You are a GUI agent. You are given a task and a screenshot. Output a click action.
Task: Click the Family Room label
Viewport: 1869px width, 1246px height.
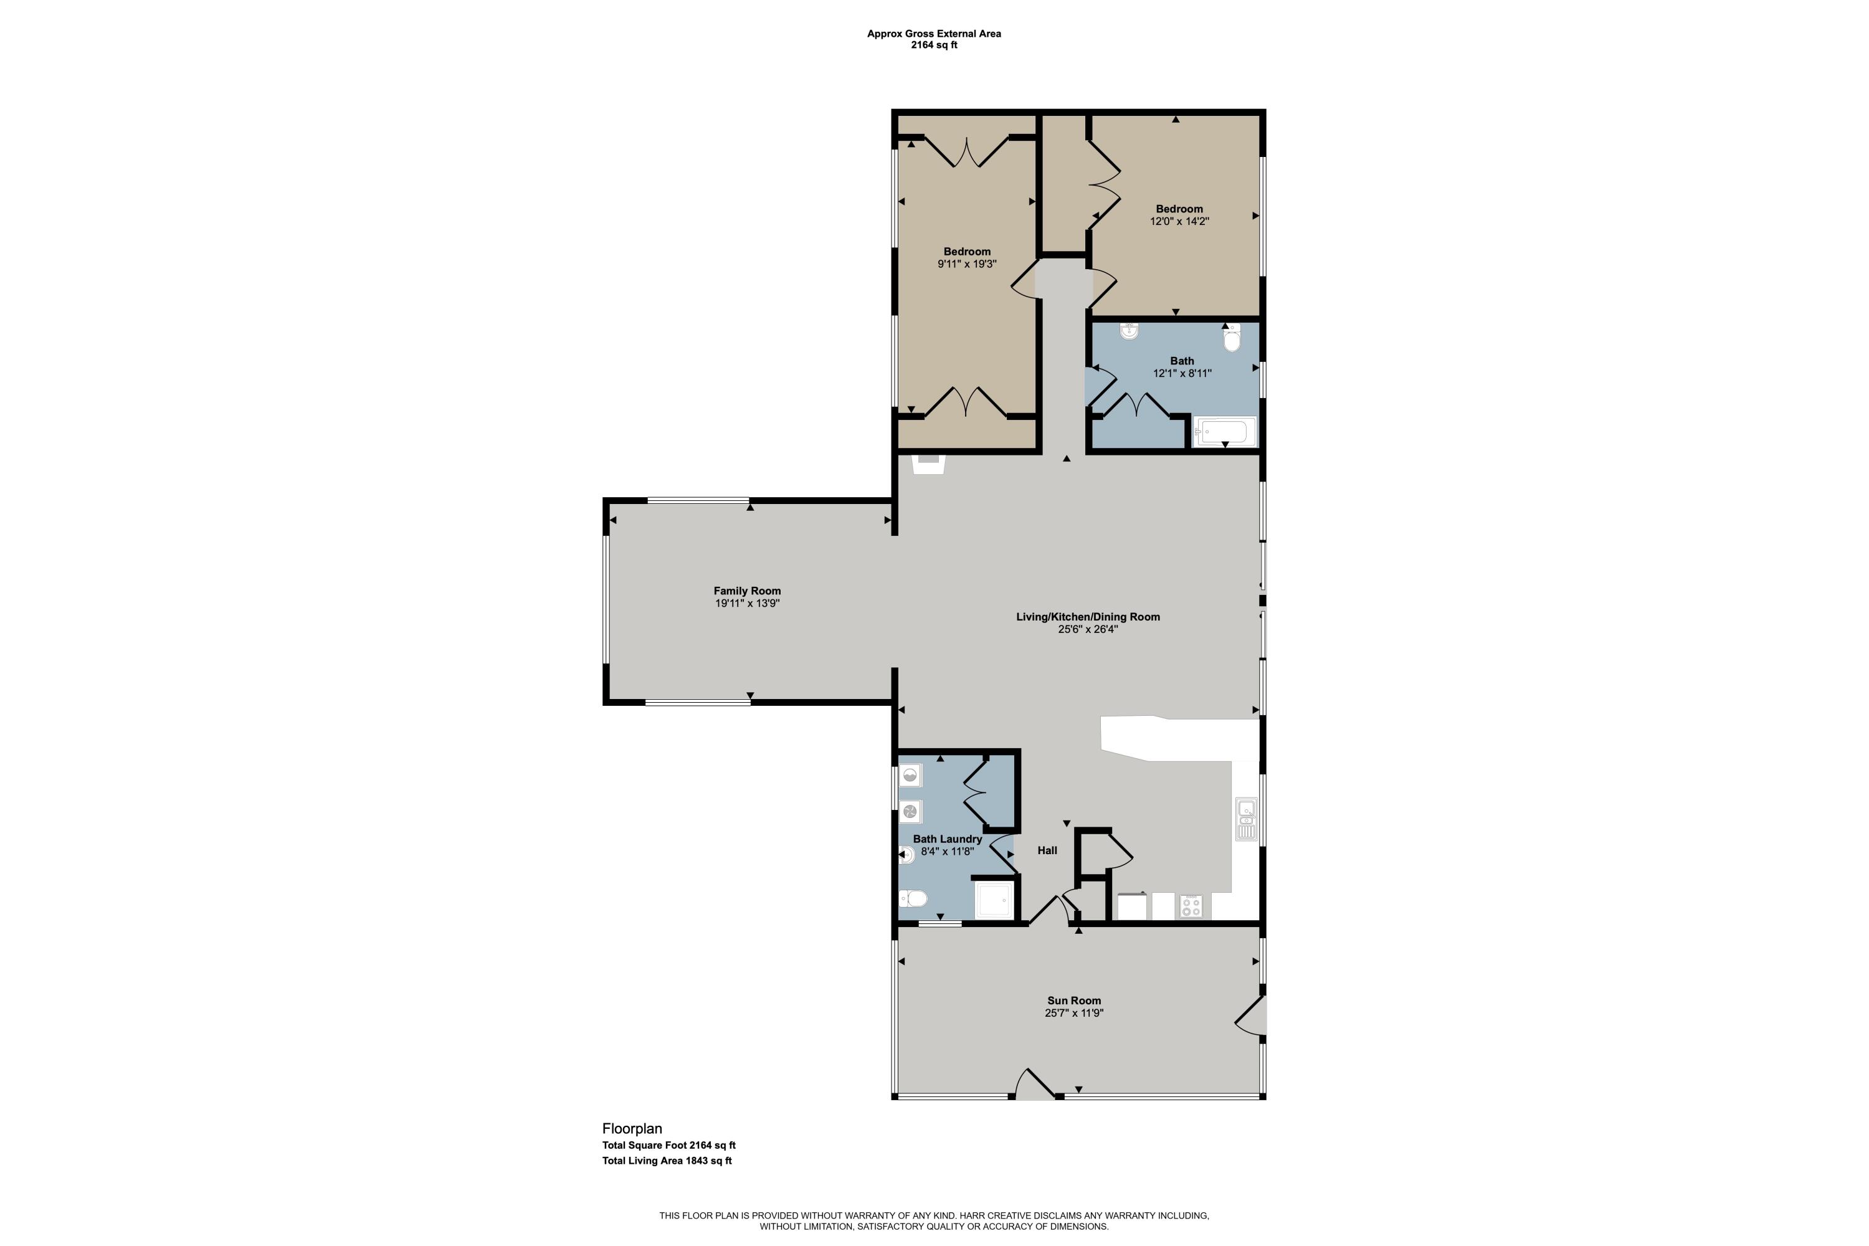(747, 591)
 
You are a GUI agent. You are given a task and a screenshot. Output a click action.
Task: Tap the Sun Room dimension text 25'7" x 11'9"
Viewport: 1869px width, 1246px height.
(1074, 1013)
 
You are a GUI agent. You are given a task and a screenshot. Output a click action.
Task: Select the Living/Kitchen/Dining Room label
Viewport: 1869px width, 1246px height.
(1088, 617)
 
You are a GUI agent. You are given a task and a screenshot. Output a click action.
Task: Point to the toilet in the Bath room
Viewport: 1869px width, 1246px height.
(1232, 338)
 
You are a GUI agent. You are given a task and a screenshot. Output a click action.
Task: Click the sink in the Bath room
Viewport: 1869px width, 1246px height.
(1129, 331)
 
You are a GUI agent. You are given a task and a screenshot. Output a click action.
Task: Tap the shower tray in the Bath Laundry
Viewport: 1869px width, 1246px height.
(995, 900)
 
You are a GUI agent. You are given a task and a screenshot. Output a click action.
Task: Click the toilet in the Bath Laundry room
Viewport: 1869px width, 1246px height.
(913, 899)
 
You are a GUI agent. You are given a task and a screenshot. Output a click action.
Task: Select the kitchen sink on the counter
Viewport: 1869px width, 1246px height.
(1247, 819)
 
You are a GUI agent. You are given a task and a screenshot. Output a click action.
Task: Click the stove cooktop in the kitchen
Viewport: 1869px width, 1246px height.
(1191, 906)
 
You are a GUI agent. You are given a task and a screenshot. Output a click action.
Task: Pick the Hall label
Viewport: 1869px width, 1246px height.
(1047, 850)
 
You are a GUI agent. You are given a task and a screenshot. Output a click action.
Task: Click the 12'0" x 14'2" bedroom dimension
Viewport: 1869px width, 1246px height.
(1179, 222)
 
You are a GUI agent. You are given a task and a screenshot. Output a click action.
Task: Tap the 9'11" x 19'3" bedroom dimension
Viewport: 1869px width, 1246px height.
(967, 264)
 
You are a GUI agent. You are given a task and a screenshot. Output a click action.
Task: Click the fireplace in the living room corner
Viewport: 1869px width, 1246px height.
(928, 464)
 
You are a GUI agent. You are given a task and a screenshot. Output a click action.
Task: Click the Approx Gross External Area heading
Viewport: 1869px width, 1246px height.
(934, 34)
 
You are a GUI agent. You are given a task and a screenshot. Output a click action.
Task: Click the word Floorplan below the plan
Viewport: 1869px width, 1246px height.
(632, 1128)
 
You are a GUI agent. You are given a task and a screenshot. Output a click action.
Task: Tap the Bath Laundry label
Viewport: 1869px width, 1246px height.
(947, 839)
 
